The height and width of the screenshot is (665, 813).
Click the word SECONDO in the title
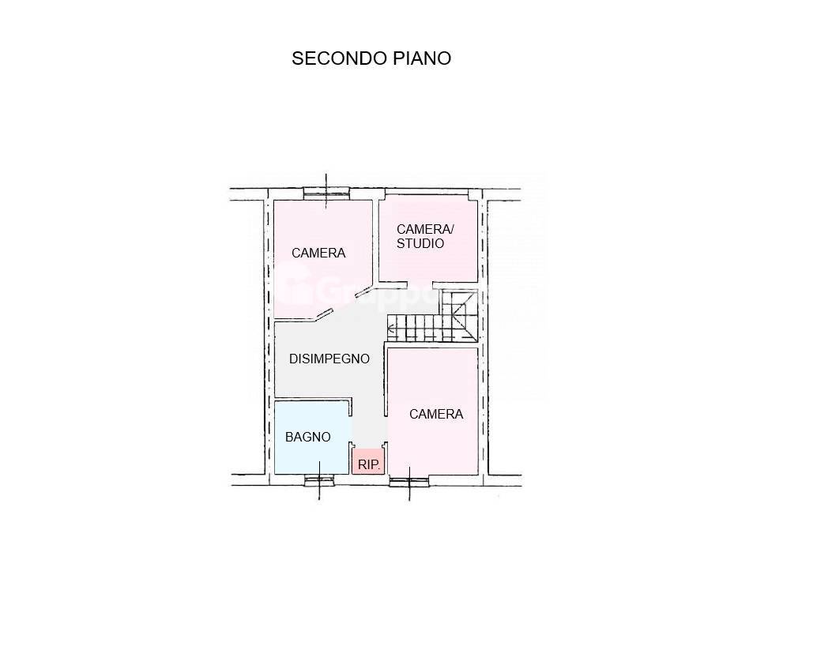point(339,58)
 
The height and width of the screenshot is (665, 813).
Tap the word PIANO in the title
point(421,58)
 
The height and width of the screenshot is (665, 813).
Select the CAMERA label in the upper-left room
point(318,254)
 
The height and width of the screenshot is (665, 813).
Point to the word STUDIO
point(420,244)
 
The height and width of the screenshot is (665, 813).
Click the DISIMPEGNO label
point(329,359)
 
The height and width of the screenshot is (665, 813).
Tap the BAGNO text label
point(308,437)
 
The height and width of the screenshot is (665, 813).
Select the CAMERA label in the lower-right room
point(436,414)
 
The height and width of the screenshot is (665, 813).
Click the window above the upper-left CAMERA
point(326,190)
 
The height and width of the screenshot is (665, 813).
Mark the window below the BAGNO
point(319,478)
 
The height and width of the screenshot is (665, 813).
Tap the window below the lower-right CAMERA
point(410,479)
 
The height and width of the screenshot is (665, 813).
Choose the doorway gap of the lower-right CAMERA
point(386,430)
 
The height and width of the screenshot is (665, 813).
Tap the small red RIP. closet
point(368,461)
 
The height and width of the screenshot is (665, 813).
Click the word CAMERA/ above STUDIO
point(425,229)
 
